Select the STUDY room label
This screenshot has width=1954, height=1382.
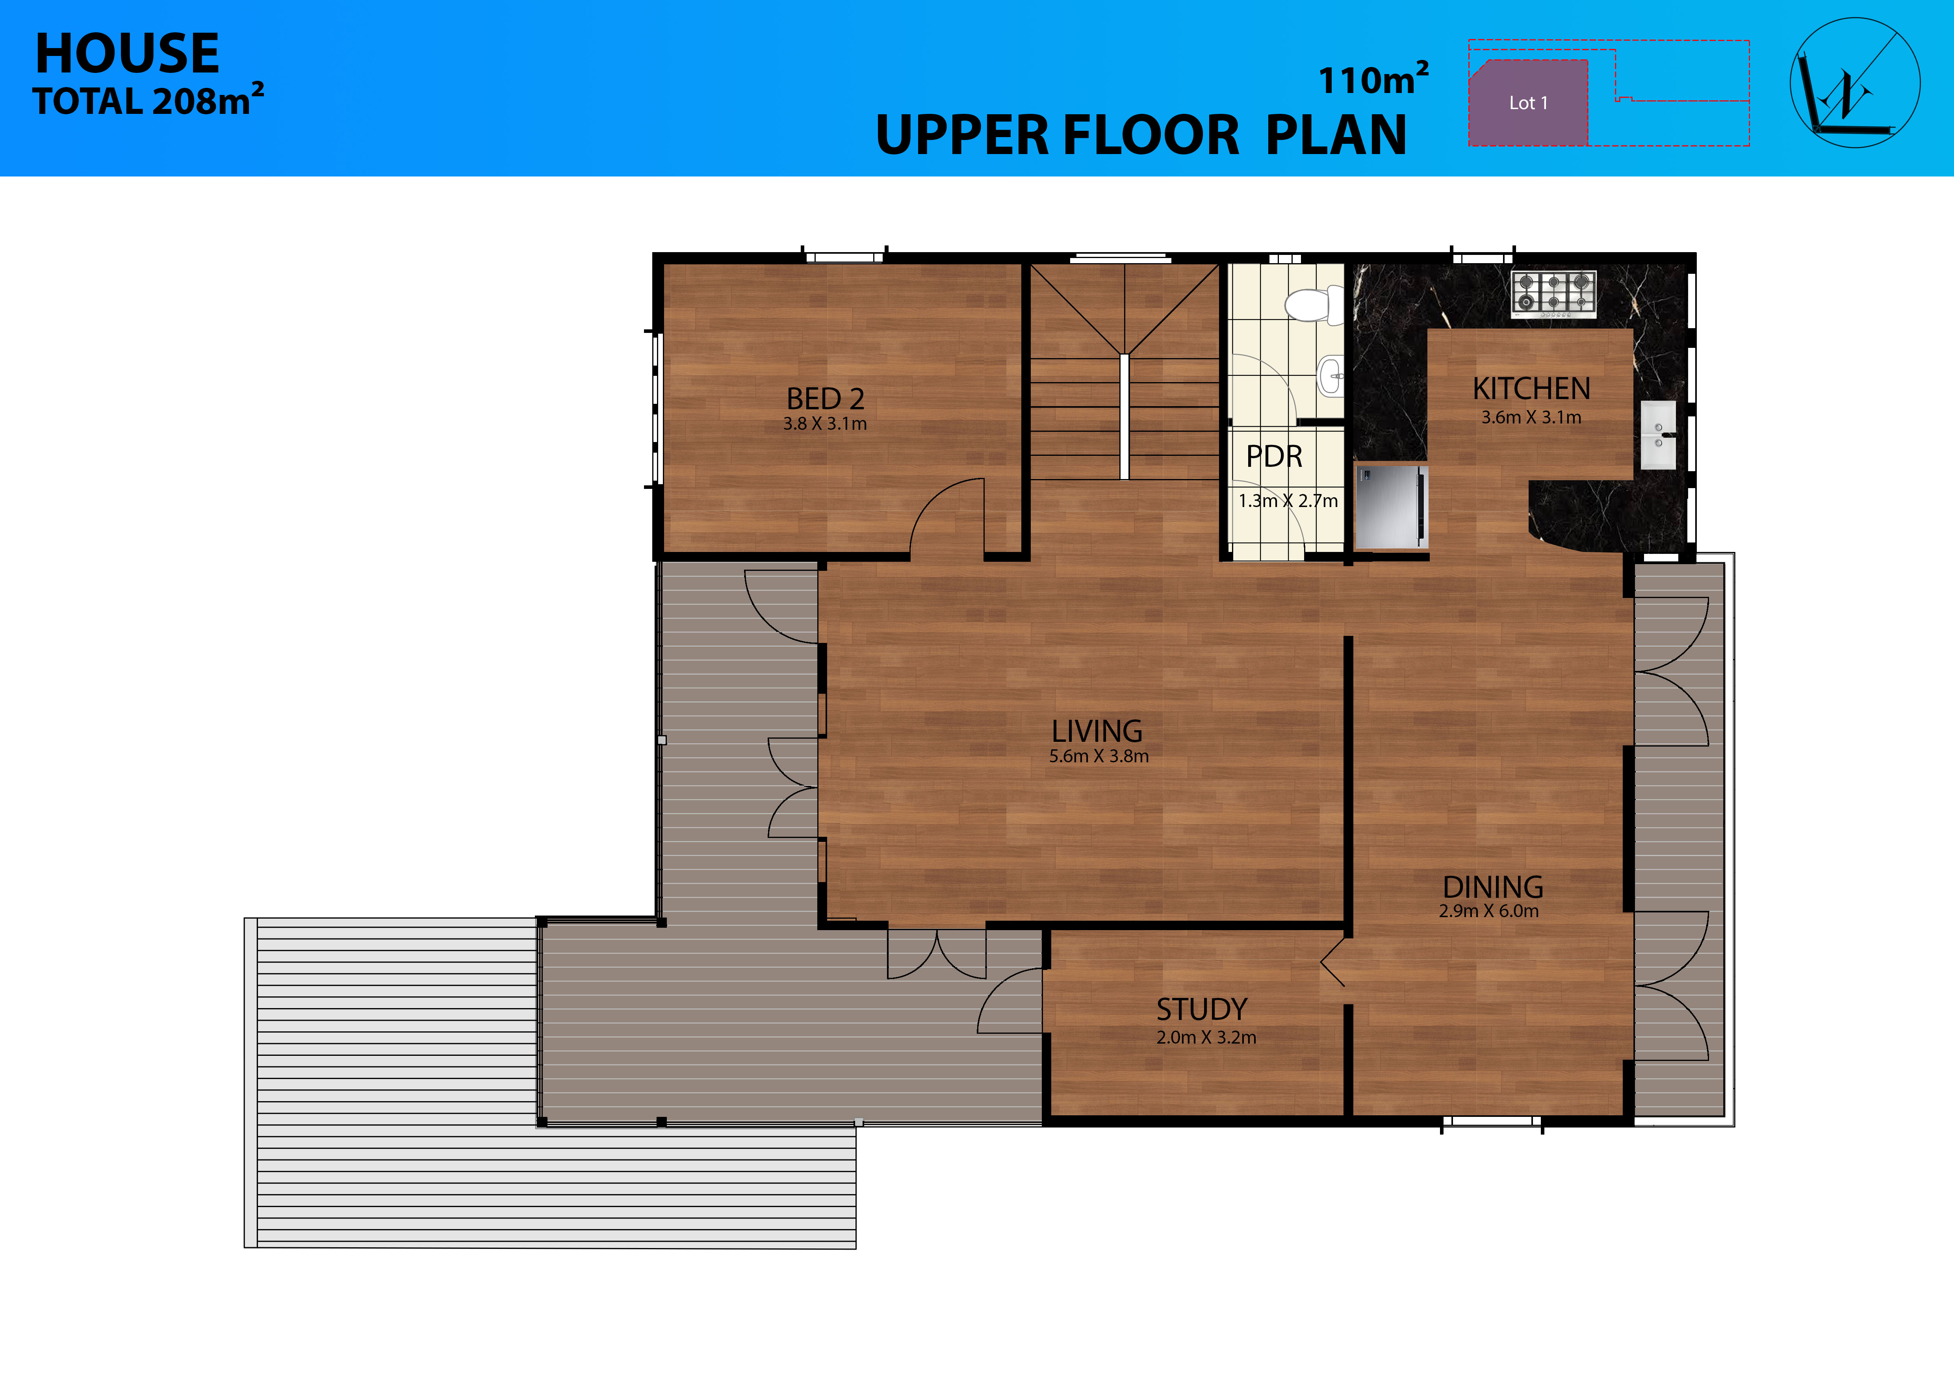tap(1202, 1009)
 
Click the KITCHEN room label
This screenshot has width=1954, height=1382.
tap(1531, 389)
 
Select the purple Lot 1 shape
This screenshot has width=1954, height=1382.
tap(1529, 102)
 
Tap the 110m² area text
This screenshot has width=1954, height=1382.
tap(1373, 79)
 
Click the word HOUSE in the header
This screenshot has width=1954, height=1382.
tap(127, 54)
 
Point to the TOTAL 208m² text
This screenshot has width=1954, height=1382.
tap(148, 100)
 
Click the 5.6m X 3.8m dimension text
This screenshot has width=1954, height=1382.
tap(1099, 756)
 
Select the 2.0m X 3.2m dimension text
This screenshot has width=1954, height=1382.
tap(1206, 1037)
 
